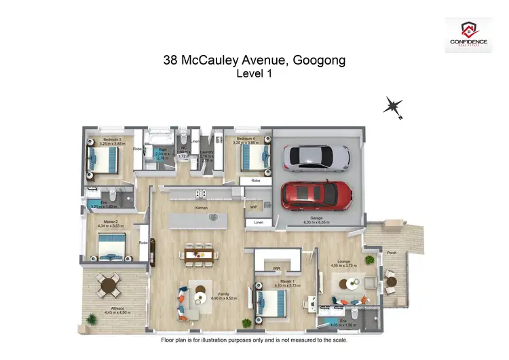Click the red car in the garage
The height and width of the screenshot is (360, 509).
tap(318, 196)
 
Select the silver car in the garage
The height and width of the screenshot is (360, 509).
tap(316, 158)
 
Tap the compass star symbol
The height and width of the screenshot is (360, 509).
tap(393, 107)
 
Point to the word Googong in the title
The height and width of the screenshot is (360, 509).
tap(319, 60)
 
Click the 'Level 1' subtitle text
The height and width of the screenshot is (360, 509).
tap(254, 75)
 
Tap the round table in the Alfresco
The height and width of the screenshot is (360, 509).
tap(106, 282)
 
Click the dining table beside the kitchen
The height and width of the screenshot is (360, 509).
tap(199, 254)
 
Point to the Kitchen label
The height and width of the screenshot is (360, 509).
tap(201, 208)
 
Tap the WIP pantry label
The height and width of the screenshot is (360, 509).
tap(253, 207)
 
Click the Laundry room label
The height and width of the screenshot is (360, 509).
tap(207, 152)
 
